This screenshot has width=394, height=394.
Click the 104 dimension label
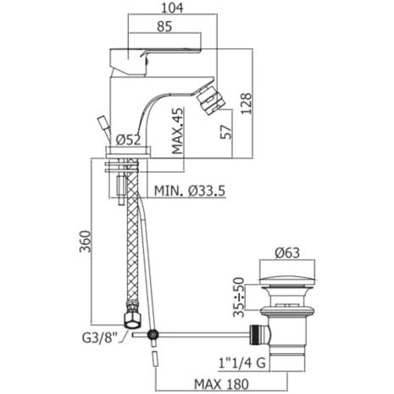coord(172,8)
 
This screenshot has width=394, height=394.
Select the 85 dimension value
coord(164,27)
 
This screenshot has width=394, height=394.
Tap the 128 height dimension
coord(246,103)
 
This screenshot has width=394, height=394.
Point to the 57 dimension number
coord(226,131)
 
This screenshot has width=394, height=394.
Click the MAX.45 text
coord(178,131)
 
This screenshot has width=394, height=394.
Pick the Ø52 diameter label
coord(129,140)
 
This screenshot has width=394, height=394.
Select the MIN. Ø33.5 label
coord(190,191)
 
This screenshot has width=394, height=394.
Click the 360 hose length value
coord(86,241)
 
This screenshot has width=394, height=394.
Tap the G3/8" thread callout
coord(100,338)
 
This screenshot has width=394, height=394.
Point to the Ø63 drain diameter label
coord(287,252)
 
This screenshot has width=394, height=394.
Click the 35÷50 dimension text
coord(240,297)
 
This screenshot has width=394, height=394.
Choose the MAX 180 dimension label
coord(222,384)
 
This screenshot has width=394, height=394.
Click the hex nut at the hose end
coord(132,320)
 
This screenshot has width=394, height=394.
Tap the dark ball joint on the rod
coord(153,335)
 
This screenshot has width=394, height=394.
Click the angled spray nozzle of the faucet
coord(210,100)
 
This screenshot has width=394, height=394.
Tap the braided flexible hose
coord(132,231)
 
